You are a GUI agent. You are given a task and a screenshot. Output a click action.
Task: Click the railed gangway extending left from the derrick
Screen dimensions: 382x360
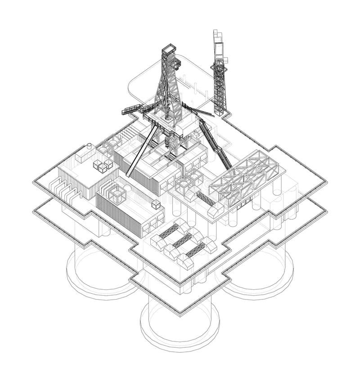coord(133,109)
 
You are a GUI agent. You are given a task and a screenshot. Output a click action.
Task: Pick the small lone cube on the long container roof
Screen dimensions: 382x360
coord(156,205)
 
